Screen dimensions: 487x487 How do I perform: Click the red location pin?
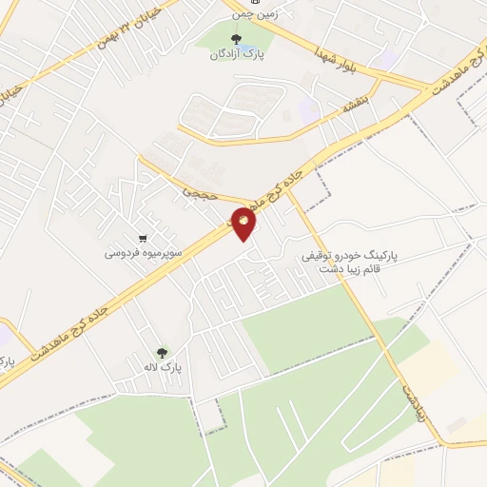[244, 224]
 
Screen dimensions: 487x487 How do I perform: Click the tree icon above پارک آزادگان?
[236, 39]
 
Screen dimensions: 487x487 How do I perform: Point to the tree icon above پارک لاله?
[161, 352]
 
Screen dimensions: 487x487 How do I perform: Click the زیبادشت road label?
[410, 391]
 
